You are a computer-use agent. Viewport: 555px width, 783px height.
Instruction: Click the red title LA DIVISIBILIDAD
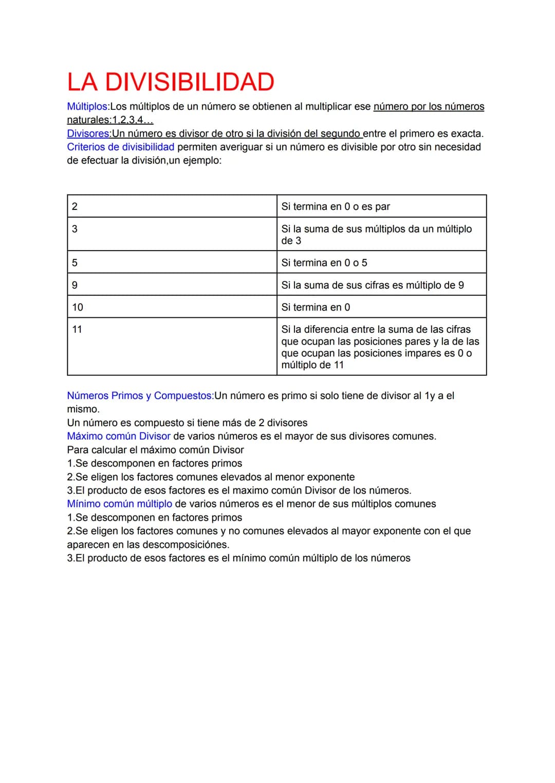171,82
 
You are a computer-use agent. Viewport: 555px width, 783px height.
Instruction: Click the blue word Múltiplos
87,106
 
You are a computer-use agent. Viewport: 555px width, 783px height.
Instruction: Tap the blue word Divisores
88,133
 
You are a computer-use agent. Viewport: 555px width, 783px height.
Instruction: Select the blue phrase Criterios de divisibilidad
121,147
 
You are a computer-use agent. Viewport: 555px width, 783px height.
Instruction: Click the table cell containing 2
172,206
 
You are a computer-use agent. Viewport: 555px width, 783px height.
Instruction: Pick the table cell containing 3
172,234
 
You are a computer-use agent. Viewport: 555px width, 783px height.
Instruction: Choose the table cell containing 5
172,262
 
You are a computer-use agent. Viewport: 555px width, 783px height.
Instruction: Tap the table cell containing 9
172,284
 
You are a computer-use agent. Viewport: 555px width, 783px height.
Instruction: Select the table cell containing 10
172,307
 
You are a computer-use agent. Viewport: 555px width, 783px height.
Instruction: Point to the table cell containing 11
172,347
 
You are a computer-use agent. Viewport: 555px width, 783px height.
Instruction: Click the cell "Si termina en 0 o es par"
381,206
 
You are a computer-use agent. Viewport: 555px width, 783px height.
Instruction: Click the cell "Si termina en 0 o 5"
381,262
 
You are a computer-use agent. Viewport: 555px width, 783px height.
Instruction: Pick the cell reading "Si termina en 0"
381,307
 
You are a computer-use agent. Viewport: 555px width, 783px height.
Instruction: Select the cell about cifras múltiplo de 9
381,285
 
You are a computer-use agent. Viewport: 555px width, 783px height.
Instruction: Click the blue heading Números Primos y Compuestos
140,396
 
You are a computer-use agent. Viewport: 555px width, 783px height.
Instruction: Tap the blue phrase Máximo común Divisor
119,436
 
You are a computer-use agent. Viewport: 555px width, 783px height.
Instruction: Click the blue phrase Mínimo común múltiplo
120,504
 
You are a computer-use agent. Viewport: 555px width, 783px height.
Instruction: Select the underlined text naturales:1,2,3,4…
110,120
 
